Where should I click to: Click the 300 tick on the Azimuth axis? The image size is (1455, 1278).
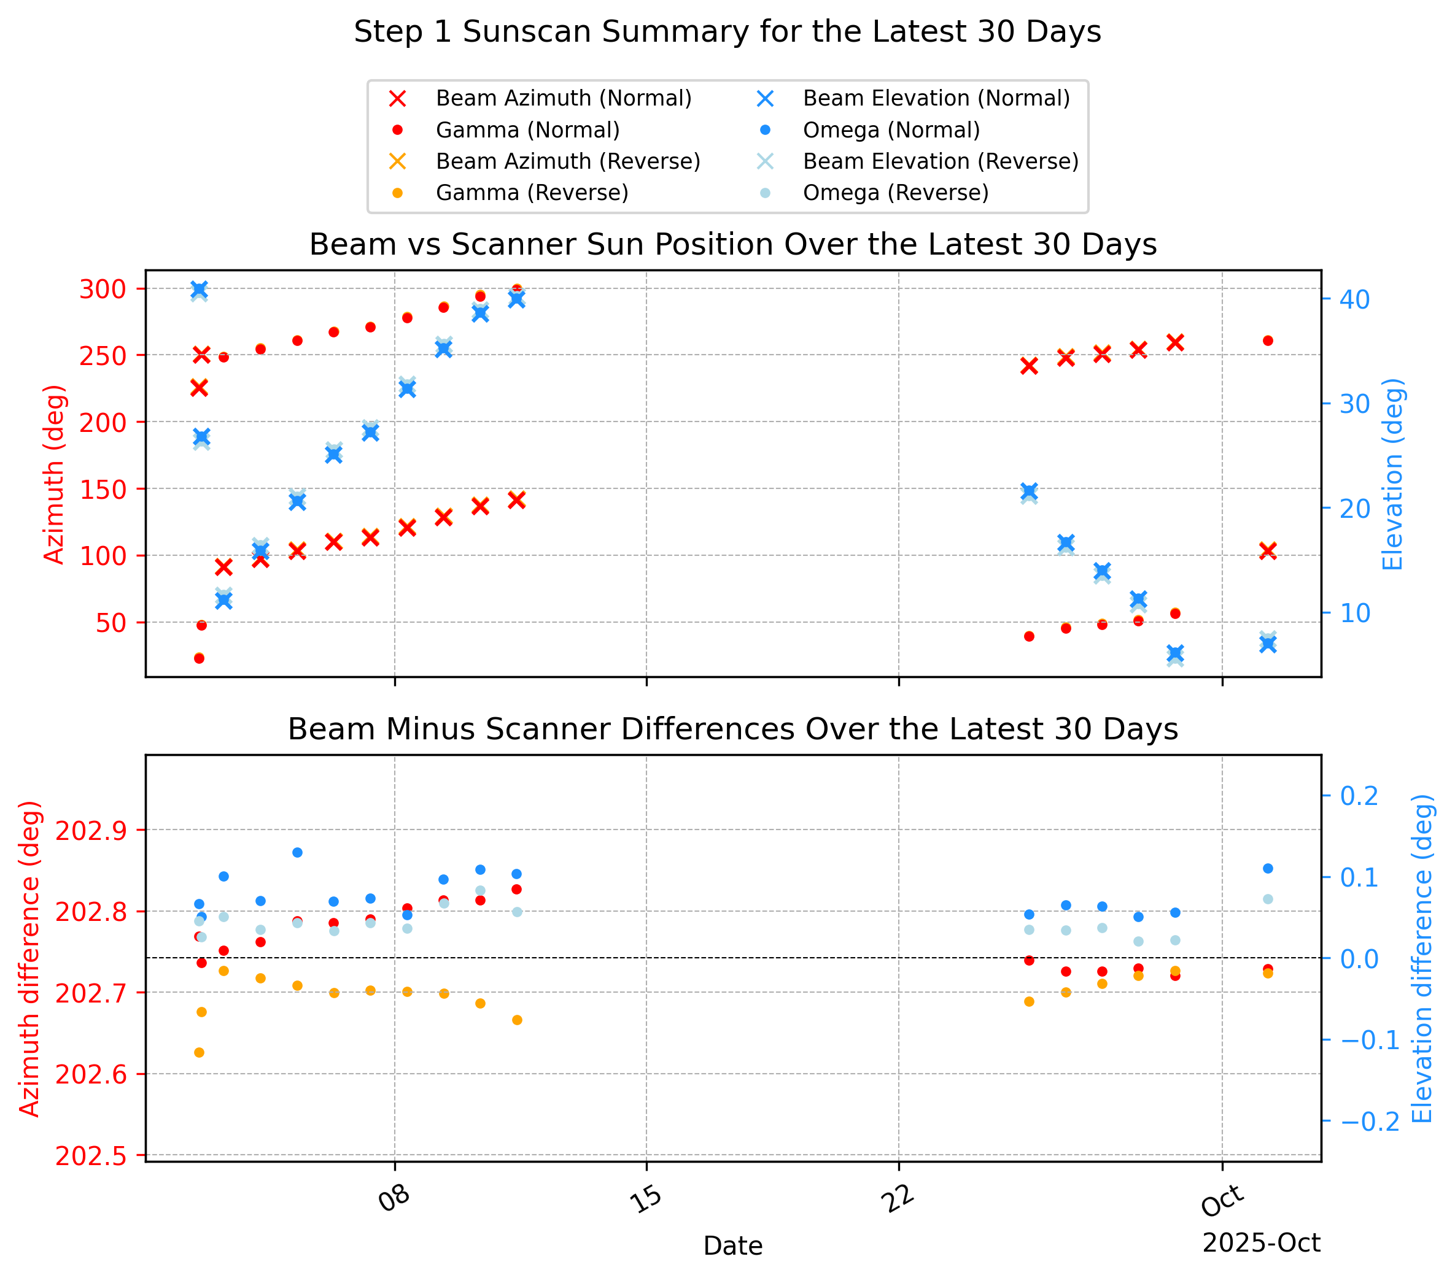[x=103, y=289]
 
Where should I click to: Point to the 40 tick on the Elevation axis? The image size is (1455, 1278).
[x=1355, y=299]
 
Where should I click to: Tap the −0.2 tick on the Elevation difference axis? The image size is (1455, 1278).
[x=1370, y=1122]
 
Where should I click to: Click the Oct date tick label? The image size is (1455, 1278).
[x=1222, y=1201]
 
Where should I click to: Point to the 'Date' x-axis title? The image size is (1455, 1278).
[x=732, y=1246]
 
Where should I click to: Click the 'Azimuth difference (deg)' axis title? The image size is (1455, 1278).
[x=29, y=958]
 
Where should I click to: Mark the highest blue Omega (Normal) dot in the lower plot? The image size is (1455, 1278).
[x=298, y=852]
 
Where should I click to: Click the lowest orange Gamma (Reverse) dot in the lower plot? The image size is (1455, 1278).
[x=200, y=1052]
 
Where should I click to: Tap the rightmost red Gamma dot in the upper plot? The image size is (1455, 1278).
[x=1268, y=341]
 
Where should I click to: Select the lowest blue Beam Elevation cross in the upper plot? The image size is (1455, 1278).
[x=1175, y=653]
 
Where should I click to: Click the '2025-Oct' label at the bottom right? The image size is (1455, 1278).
[x=1262, y=1243]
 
